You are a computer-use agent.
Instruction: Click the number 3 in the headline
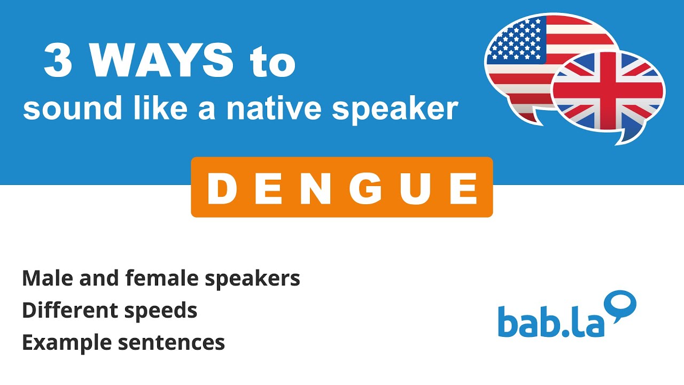58,61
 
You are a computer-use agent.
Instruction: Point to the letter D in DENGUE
221,188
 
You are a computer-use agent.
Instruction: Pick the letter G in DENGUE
355,188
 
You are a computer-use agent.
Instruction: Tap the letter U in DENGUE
413,188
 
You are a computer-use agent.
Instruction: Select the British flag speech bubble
608,94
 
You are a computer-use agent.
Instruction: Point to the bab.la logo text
550,321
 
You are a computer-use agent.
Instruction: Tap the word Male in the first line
44,278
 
